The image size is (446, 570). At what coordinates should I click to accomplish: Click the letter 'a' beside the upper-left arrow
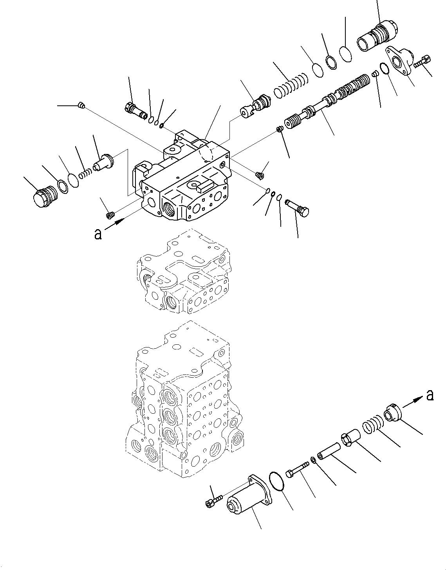point(98,234)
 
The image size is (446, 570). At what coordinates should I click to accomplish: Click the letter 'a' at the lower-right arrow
point(430,396)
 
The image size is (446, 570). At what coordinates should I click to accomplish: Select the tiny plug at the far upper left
point(81,105)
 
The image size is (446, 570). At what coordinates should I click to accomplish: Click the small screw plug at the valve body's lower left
point(110,215)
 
